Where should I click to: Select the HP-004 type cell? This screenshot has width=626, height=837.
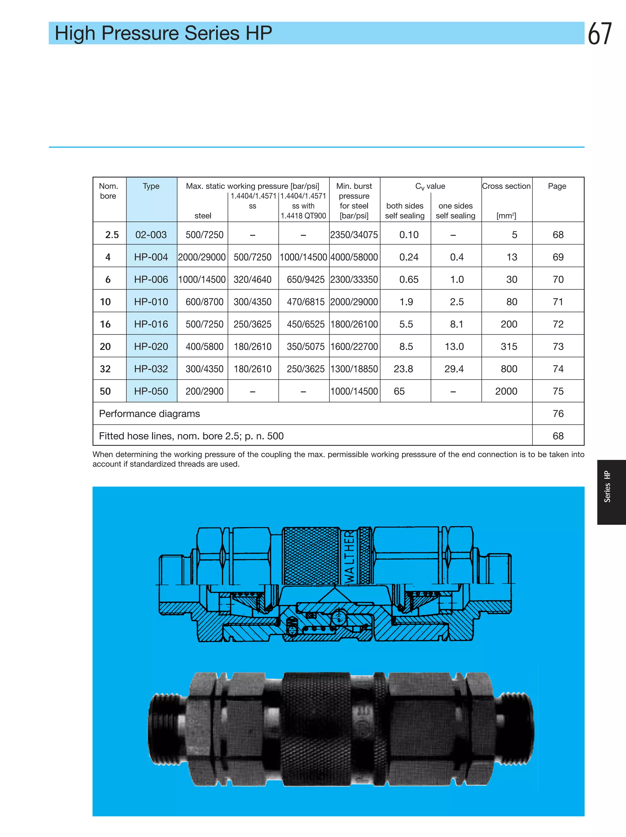(151, 257)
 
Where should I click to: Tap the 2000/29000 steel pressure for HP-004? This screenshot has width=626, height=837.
(202, 257)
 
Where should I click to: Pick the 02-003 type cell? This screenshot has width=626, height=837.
(151, 235)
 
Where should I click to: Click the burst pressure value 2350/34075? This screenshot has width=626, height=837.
(354, 235)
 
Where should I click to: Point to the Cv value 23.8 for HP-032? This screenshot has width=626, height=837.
(403, 369)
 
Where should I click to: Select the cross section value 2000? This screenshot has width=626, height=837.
(506, 391)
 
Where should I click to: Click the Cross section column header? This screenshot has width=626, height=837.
(506, 186)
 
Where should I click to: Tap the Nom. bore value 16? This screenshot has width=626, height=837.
(105, 324)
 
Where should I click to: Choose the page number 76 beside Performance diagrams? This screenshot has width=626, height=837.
(558, 413)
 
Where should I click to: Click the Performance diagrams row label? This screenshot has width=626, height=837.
(149, 413)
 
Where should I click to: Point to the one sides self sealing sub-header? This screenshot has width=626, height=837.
(455, 211)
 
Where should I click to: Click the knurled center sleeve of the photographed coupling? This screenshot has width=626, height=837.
(317, 728)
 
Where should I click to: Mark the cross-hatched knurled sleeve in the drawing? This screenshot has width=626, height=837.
(311, 555)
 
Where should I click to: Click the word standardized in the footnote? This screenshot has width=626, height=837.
(155, 464)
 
